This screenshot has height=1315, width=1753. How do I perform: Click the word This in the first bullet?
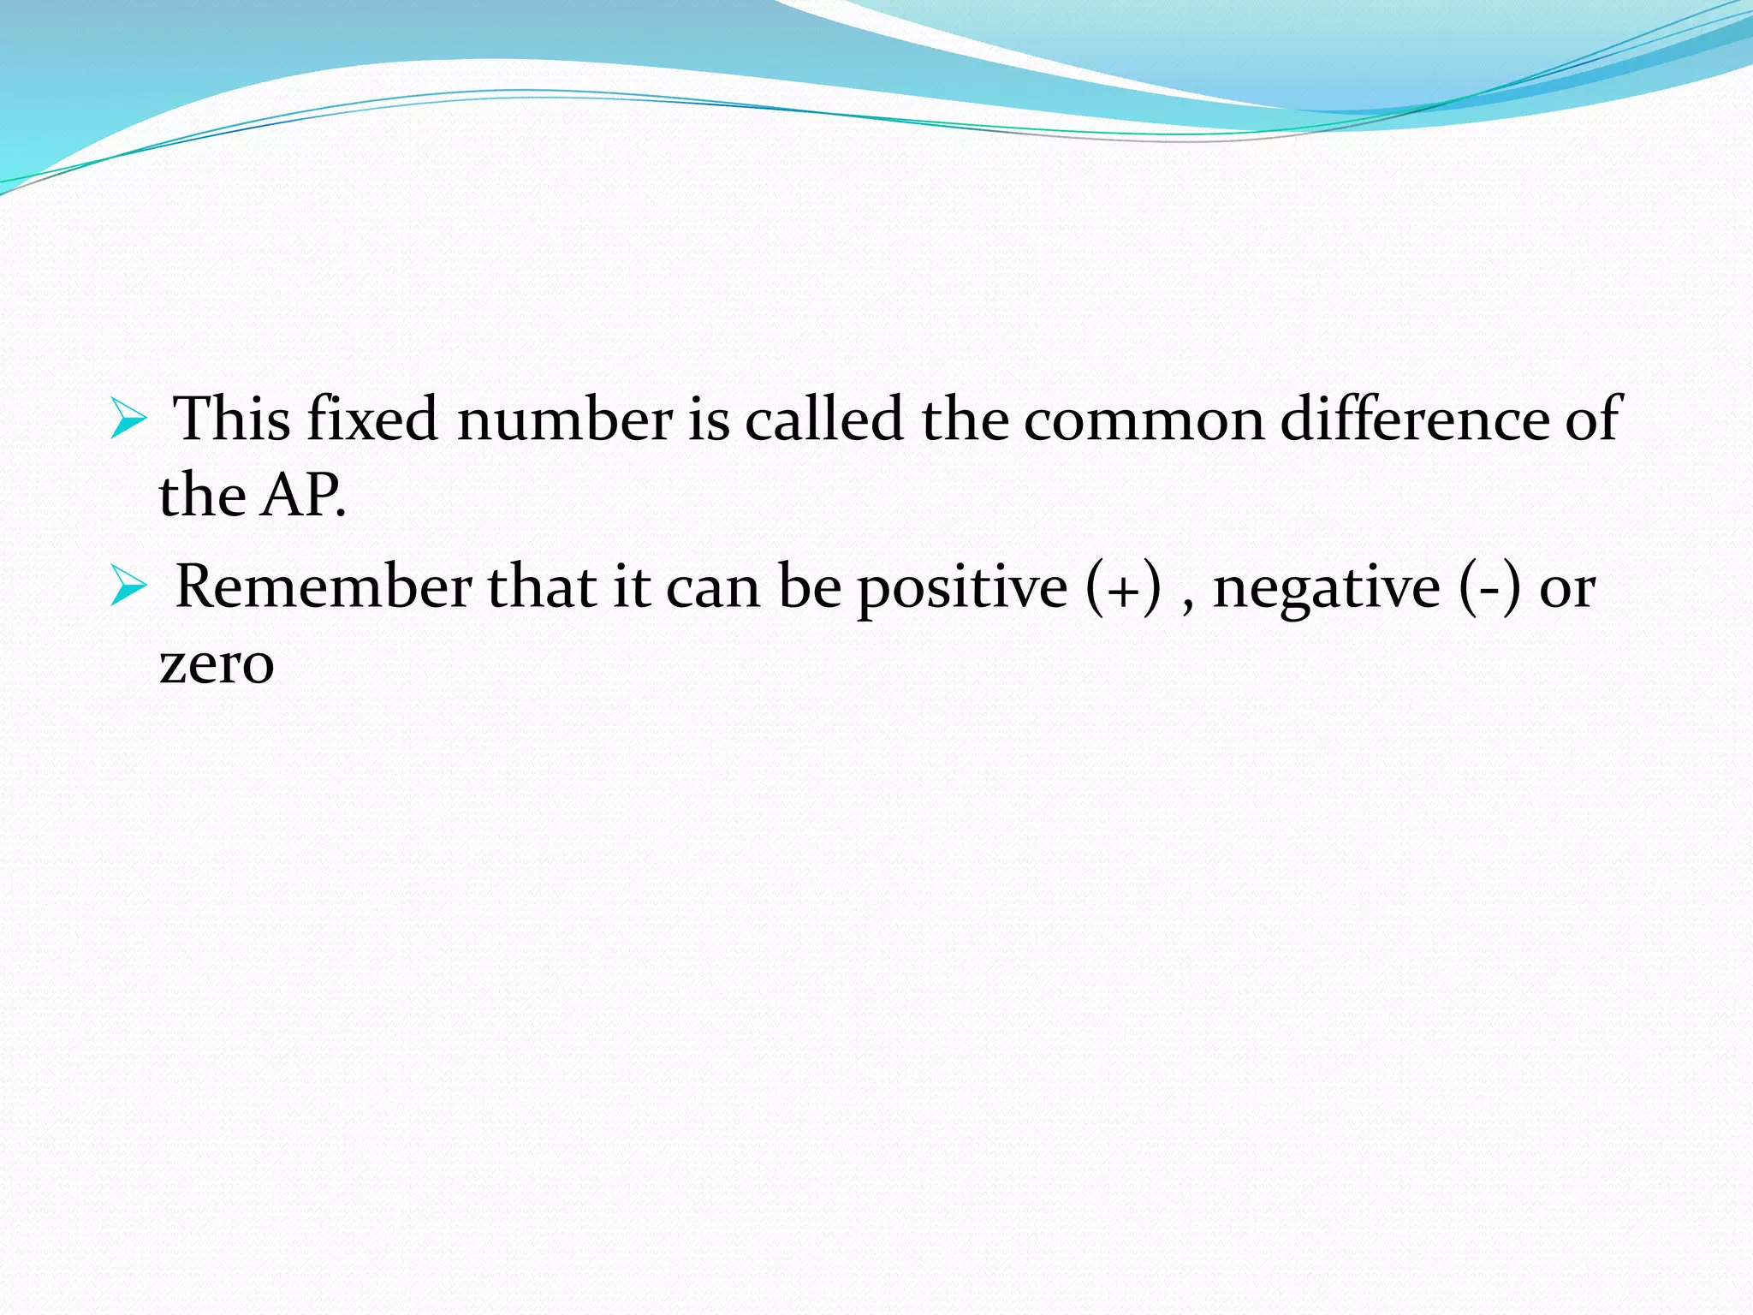coord(232,419)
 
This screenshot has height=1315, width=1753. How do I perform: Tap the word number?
coord(565,420)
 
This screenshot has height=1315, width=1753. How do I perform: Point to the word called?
coord(824,419)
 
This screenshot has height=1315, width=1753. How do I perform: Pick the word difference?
coord(1414,419)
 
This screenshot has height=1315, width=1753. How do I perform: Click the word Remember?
coord(324,587)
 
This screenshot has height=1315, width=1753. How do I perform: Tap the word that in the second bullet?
coord(542,587)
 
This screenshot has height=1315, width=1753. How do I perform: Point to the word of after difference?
coord(1594,419)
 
